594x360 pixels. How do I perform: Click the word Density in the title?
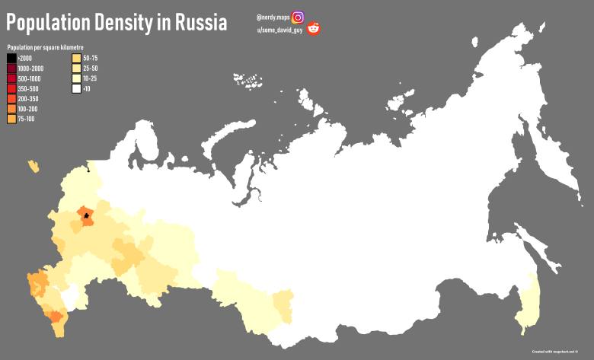pyautogui.click(x=124, y=23)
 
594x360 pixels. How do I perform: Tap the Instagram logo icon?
pyautogui.click(x=298, y=17)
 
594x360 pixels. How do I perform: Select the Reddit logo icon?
pyautogui.click(x=314, y=30)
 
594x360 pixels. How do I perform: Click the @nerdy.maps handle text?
pyautogui.click(x=273, y=17)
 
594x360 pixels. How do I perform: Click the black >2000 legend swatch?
pyautogui.click(x=11, y=59)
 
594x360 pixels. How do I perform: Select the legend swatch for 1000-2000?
pyautogui.click(x=11, y=68)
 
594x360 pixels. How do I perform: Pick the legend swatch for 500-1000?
pyautogui.click(x=11, y=78)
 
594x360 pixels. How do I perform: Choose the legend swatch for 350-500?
pyautogui.click(x=11, y=88)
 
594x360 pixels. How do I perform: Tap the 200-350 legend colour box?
pyautogui.click(x=11, y=98)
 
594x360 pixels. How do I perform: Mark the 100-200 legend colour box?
pyautogui.click(x=11, y=108)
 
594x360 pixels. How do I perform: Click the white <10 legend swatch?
pyautogui.click(x=76, y=88)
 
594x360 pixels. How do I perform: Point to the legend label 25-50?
pyautogui.click(x=90, y=68)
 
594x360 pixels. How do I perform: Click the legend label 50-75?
pyautogui.click(x=90, y=59)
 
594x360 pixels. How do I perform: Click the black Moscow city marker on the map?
pyautogui.click(x=87, y=215)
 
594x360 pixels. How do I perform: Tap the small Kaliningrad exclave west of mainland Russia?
pyautogui.click(x=33, y=165)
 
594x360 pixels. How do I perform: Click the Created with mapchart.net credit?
pyautogui.click(x=559, y=352)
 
